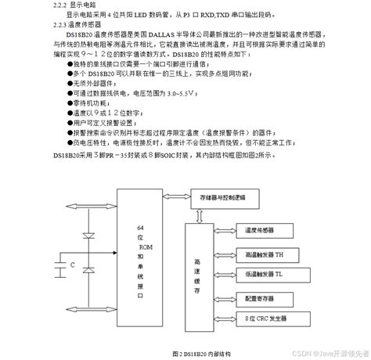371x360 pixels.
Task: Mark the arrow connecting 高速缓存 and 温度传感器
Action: pyautogui.click(x=224, y=230)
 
